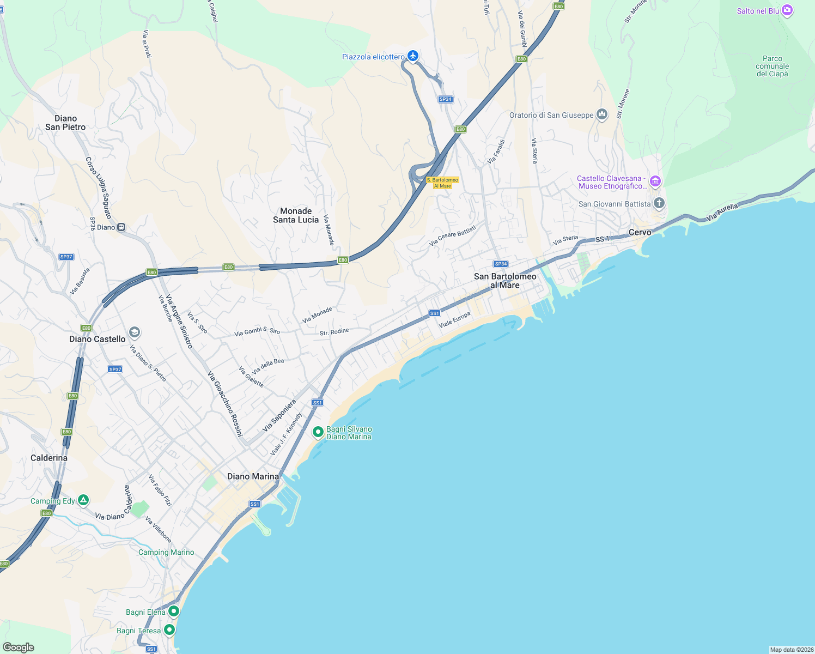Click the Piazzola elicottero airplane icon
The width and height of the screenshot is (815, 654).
413,56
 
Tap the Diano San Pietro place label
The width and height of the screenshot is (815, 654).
65,123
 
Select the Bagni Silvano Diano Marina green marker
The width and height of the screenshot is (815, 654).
318,432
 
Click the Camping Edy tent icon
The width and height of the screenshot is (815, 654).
83,500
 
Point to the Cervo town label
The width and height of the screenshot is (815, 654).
640,232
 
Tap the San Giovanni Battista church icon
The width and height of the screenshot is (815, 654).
659,204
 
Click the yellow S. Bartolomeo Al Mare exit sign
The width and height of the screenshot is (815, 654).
442,183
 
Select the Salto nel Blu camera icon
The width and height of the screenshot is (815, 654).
787,10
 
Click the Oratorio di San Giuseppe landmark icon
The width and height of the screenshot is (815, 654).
602,114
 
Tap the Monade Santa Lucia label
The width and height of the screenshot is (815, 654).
296,215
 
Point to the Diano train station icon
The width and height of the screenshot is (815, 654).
121,227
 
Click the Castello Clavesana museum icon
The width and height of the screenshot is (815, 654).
655,181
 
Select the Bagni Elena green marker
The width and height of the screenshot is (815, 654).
174,611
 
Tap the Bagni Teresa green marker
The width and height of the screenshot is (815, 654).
169,630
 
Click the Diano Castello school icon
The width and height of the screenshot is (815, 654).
135,332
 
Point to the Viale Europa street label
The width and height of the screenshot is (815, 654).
454,320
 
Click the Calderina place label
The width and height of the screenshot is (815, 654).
49,458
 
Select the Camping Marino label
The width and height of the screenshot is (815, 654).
166,552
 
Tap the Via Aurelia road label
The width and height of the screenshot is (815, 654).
722,212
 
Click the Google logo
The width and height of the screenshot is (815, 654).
19,647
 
